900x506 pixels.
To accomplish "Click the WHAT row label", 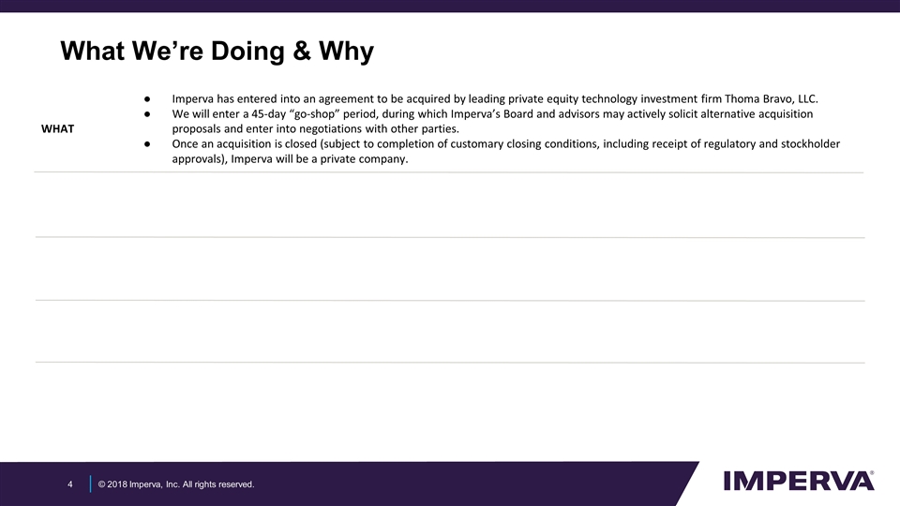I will tap(58, 128).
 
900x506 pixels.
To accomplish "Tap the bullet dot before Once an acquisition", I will tap(148, 143).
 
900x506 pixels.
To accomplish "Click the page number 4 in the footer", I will tap(70, 484).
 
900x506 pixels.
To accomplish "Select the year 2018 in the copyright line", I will tap(118, 484).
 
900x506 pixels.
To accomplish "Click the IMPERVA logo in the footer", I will tap(798, 481).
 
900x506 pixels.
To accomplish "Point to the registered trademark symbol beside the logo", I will tap(874, 473).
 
